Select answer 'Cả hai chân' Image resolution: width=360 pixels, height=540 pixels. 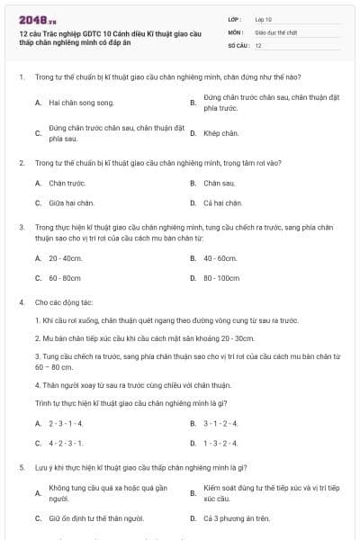(223, 202)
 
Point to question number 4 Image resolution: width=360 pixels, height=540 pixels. (21, 303)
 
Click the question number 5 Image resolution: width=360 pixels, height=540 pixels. (21, 468)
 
